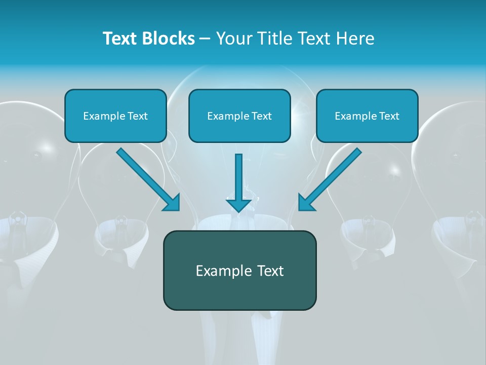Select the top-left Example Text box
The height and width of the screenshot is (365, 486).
click(115, 116)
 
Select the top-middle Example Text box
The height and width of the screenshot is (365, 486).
click(239, 116)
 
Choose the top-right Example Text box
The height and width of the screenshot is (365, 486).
click(367, 116)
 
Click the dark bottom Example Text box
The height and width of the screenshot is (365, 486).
click(239, 270)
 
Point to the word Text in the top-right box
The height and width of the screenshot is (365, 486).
click(389, 116)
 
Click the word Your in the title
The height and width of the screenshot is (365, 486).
click(232, 39)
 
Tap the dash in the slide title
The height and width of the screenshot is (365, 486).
click(205, 39)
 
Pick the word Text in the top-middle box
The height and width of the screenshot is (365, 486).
click(261, 116)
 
